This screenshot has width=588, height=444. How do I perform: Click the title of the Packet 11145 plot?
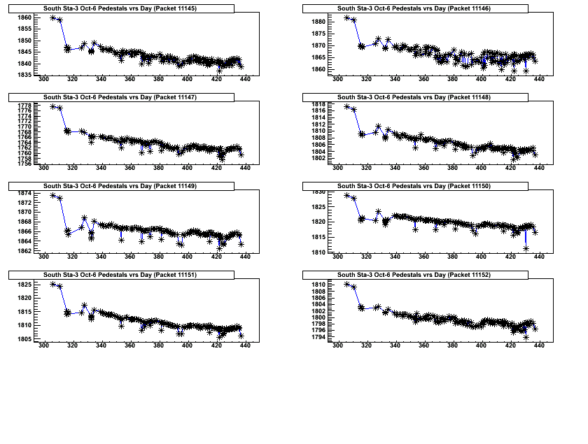120,8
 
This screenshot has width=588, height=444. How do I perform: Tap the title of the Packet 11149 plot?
120,187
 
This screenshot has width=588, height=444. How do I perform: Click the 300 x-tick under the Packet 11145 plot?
44,79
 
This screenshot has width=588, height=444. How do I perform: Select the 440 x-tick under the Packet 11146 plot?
539,79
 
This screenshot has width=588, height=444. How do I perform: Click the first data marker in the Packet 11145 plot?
53,17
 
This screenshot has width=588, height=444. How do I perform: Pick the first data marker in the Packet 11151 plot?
53,284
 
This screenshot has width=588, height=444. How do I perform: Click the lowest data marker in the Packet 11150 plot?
526,248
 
